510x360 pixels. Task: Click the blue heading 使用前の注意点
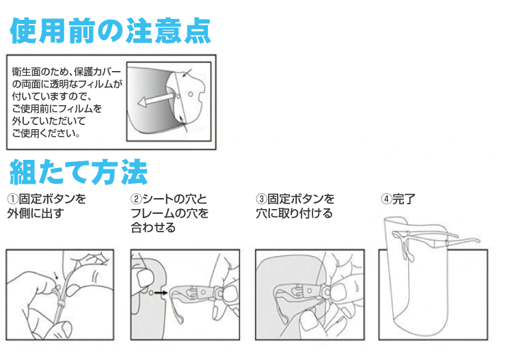(110, 30)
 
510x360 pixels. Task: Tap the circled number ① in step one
(13, 199)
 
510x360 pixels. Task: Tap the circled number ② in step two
(136, 199)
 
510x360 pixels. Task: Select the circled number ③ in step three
(261, 199)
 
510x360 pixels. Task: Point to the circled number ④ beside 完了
(386, 199)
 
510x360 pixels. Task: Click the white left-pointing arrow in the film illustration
(153, 101)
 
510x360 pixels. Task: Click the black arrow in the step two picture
(160, 293)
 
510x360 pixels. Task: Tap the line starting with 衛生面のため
(67, 71)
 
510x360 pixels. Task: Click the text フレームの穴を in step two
(170, 213)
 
